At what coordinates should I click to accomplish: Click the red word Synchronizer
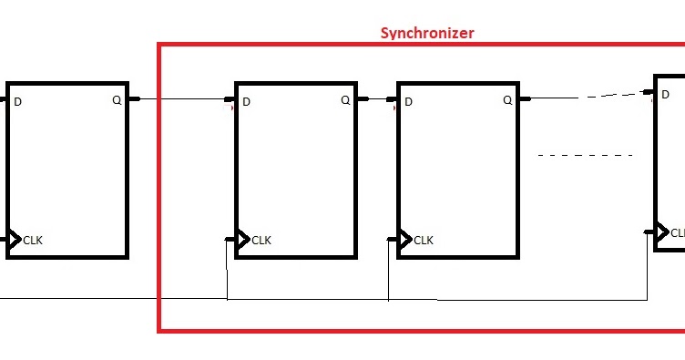(x=426, y=34)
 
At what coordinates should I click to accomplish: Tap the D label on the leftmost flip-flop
(x=18, y=101)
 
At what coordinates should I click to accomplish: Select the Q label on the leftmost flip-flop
(x=117, y=100)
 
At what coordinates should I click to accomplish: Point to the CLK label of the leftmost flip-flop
(x=33, y=241)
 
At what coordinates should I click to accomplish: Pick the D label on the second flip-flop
(x=246, y=101)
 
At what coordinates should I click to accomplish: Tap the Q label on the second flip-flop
(x=345, y=100)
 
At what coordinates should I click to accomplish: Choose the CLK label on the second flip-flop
(x=261, y=241)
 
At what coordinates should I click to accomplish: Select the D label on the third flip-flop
(x=408, y=101)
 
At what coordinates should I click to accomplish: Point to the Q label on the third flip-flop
(x=508, y=100)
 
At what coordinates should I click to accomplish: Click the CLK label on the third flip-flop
(x=424, y=241)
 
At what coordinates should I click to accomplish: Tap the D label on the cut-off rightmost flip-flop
(x=667, y=94)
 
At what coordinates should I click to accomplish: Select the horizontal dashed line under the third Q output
(x=585, y=156)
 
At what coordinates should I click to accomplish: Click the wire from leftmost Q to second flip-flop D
(x=182, y=98)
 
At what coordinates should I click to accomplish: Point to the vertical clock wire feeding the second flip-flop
(x=226, y=270)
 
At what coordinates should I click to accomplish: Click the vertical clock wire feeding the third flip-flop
(x=389, y=270)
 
